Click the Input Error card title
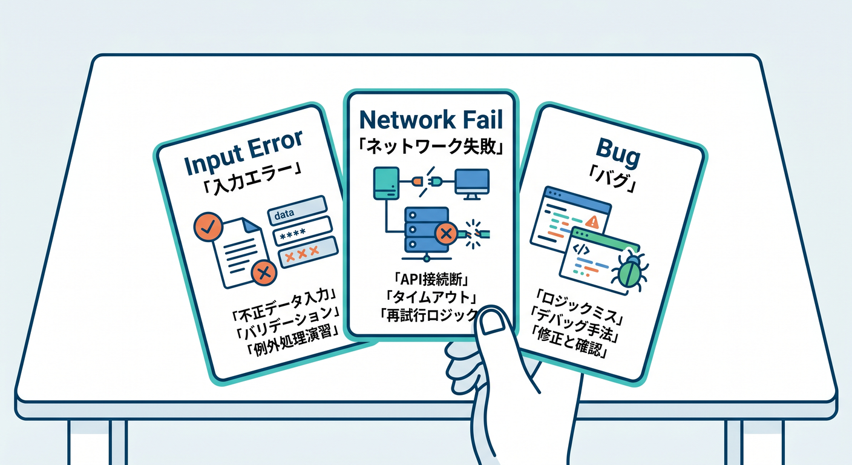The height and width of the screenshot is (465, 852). point(243,153)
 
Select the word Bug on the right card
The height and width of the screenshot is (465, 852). point(618,153)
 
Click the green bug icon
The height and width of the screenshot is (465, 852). point(629,271)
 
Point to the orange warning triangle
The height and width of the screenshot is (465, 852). point(592,222)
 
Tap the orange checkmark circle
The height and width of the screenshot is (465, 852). point(208,226)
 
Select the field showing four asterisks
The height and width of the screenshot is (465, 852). point(303,231)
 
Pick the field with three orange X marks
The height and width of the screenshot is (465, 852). point(308,252)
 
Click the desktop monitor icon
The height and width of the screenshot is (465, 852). point(472,184)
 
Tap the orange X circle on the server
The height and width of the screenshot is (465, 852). point(446,233)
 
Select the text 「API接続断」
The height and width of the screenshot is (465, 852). point(431,280)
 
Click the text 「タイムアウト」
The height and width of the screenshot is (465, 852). point(431,297)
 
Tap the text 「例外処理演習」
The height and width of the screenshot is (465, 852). point(293,340)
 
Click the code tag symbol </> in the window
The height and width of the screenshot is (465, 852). point(581,249)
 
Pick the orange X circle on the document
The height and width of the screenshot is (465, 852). point(264,272)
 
